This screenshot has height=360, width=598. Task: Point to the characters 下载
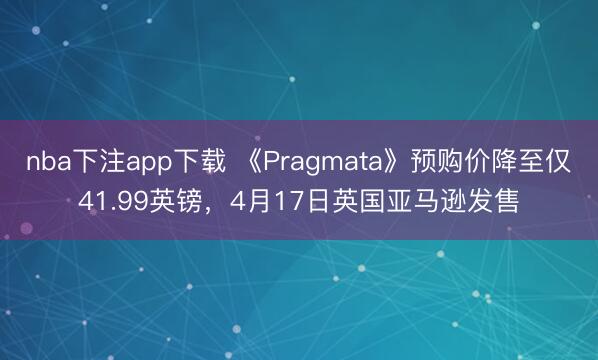[203, 163]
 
